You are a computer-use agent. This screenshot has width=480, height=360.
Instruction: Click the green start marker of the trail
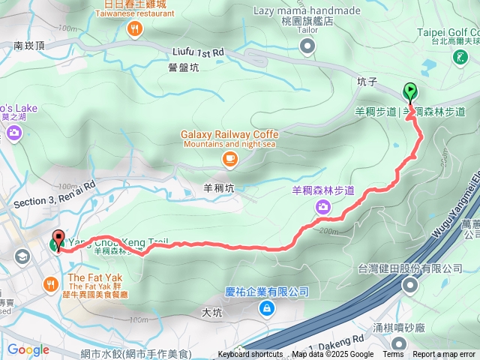(x=410, y=92)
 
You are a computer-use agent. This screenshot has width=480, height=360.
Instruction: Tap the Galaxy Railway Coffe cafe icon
(x=229, y=158)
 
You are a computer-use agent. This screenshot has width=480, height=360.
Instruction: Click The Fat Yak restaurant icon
(x=50, y=284)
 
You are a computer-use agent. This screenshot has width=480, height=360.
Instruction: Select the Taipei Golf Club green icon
(x=459, y=57)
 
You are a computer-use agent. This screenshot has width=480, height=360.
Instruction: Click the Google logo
(x=28, y=349)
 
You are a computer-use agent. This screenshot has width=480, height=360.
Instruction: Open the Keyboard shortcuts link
(x=250, y=355)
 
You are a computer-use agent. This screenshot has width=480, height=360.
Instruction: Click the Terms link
(x=393, y=355)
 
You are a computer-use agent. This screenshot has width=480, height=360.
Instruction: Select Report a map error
(x=444, y=355)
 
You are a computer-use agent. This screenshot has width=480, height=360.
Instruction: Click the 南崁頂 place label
(x=29, y=46)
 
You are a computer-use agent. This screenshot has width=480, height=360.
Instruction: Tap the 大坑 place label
(x=212, y=311)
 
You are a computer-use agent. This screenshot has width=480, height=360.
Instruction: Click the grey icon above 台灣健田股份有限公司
(x=410, y=285)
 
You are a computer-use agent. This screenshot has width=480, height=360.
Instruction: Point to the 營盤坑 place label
(x=184, y=67)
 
